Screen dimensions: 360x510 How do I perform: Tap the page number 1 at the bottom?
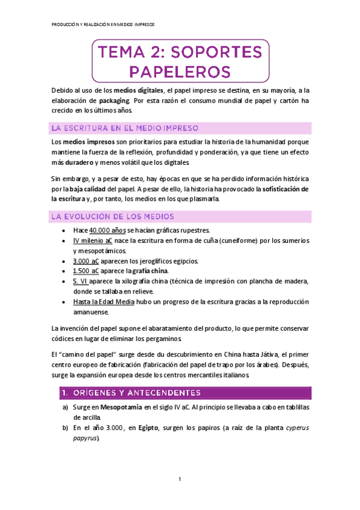180,479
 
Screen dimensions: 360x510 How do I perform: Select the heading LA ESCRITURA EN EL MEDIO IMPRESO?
129,128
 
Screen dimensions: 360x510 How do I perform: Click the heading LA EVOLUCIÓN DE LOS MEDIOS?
113,216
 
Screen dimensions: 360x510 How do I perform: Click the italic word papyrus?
87,438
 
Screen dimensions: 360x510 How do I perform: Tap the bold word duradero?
79,163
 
